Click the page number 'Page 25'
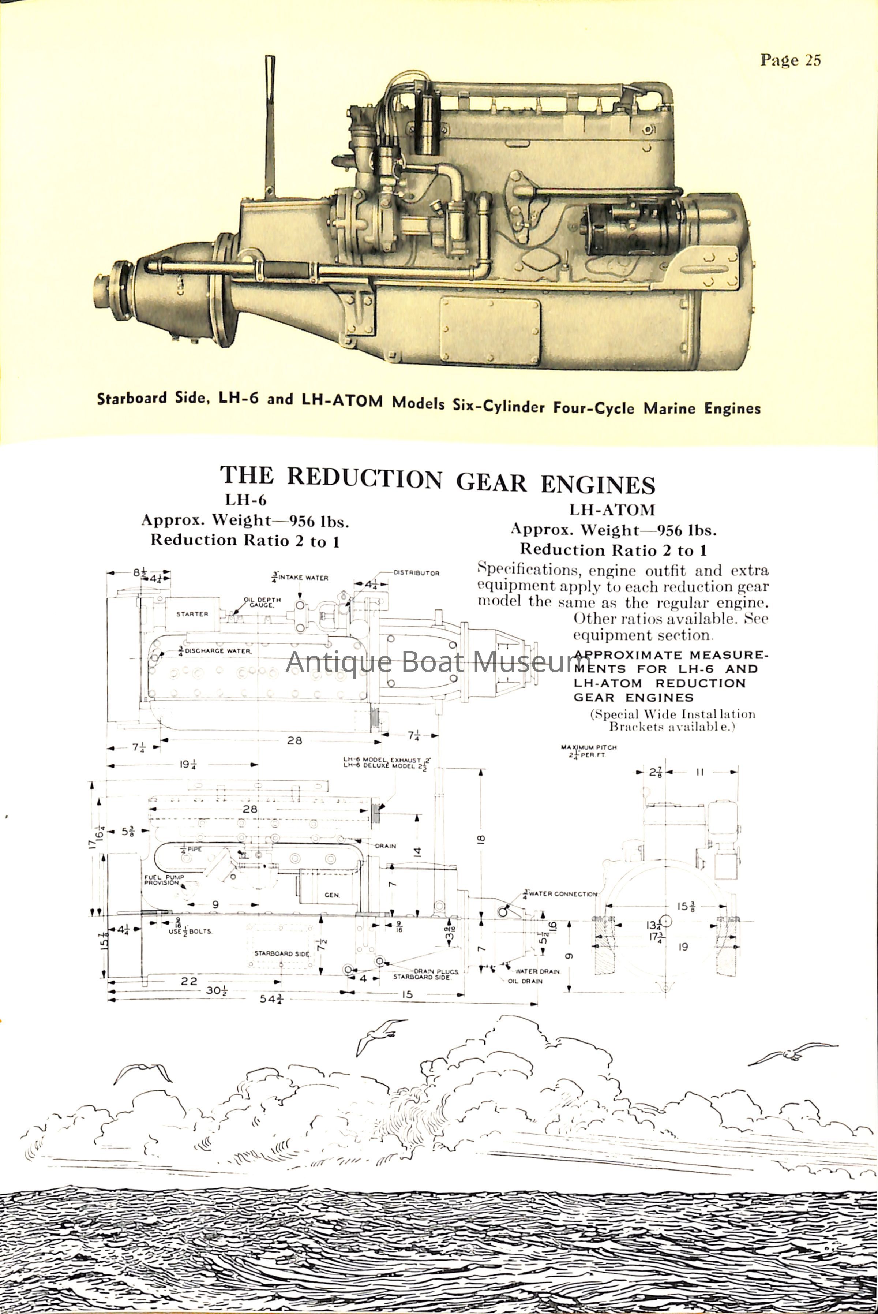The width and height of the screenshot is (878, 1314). [790, 60]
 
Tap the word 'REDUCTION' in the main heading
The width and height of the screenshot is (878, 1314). [364, 478]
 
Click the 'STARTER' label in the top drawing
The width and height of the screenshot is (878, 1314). [192, 614]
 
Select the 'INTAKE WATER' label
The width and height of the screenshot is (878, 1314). [303, 578]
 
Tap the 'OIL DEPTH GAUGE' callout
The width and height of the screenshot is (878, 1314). [262, 602]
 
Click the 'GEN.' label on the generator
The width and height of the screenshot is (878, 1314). [331, 895]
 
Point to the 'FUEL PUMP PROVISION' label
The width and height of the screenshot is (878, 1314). [164, 880]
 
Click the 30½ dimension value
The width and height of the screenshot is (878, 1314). [216, 990]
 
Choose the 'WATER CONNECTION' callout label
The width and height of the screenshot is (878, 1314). [562, 894]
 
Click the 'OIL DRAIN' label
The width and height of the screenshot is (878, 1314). [525, 981]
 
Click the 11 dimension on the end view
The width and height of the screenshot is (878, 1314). [699, 772]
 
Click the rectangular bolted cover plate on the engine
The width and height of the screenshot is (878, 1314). [490, 331]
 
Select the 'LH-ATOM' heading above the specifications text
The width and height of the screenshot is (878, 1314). [612, 510]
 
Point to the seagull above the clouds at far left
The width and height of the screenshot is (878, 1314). [143, 1072]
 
